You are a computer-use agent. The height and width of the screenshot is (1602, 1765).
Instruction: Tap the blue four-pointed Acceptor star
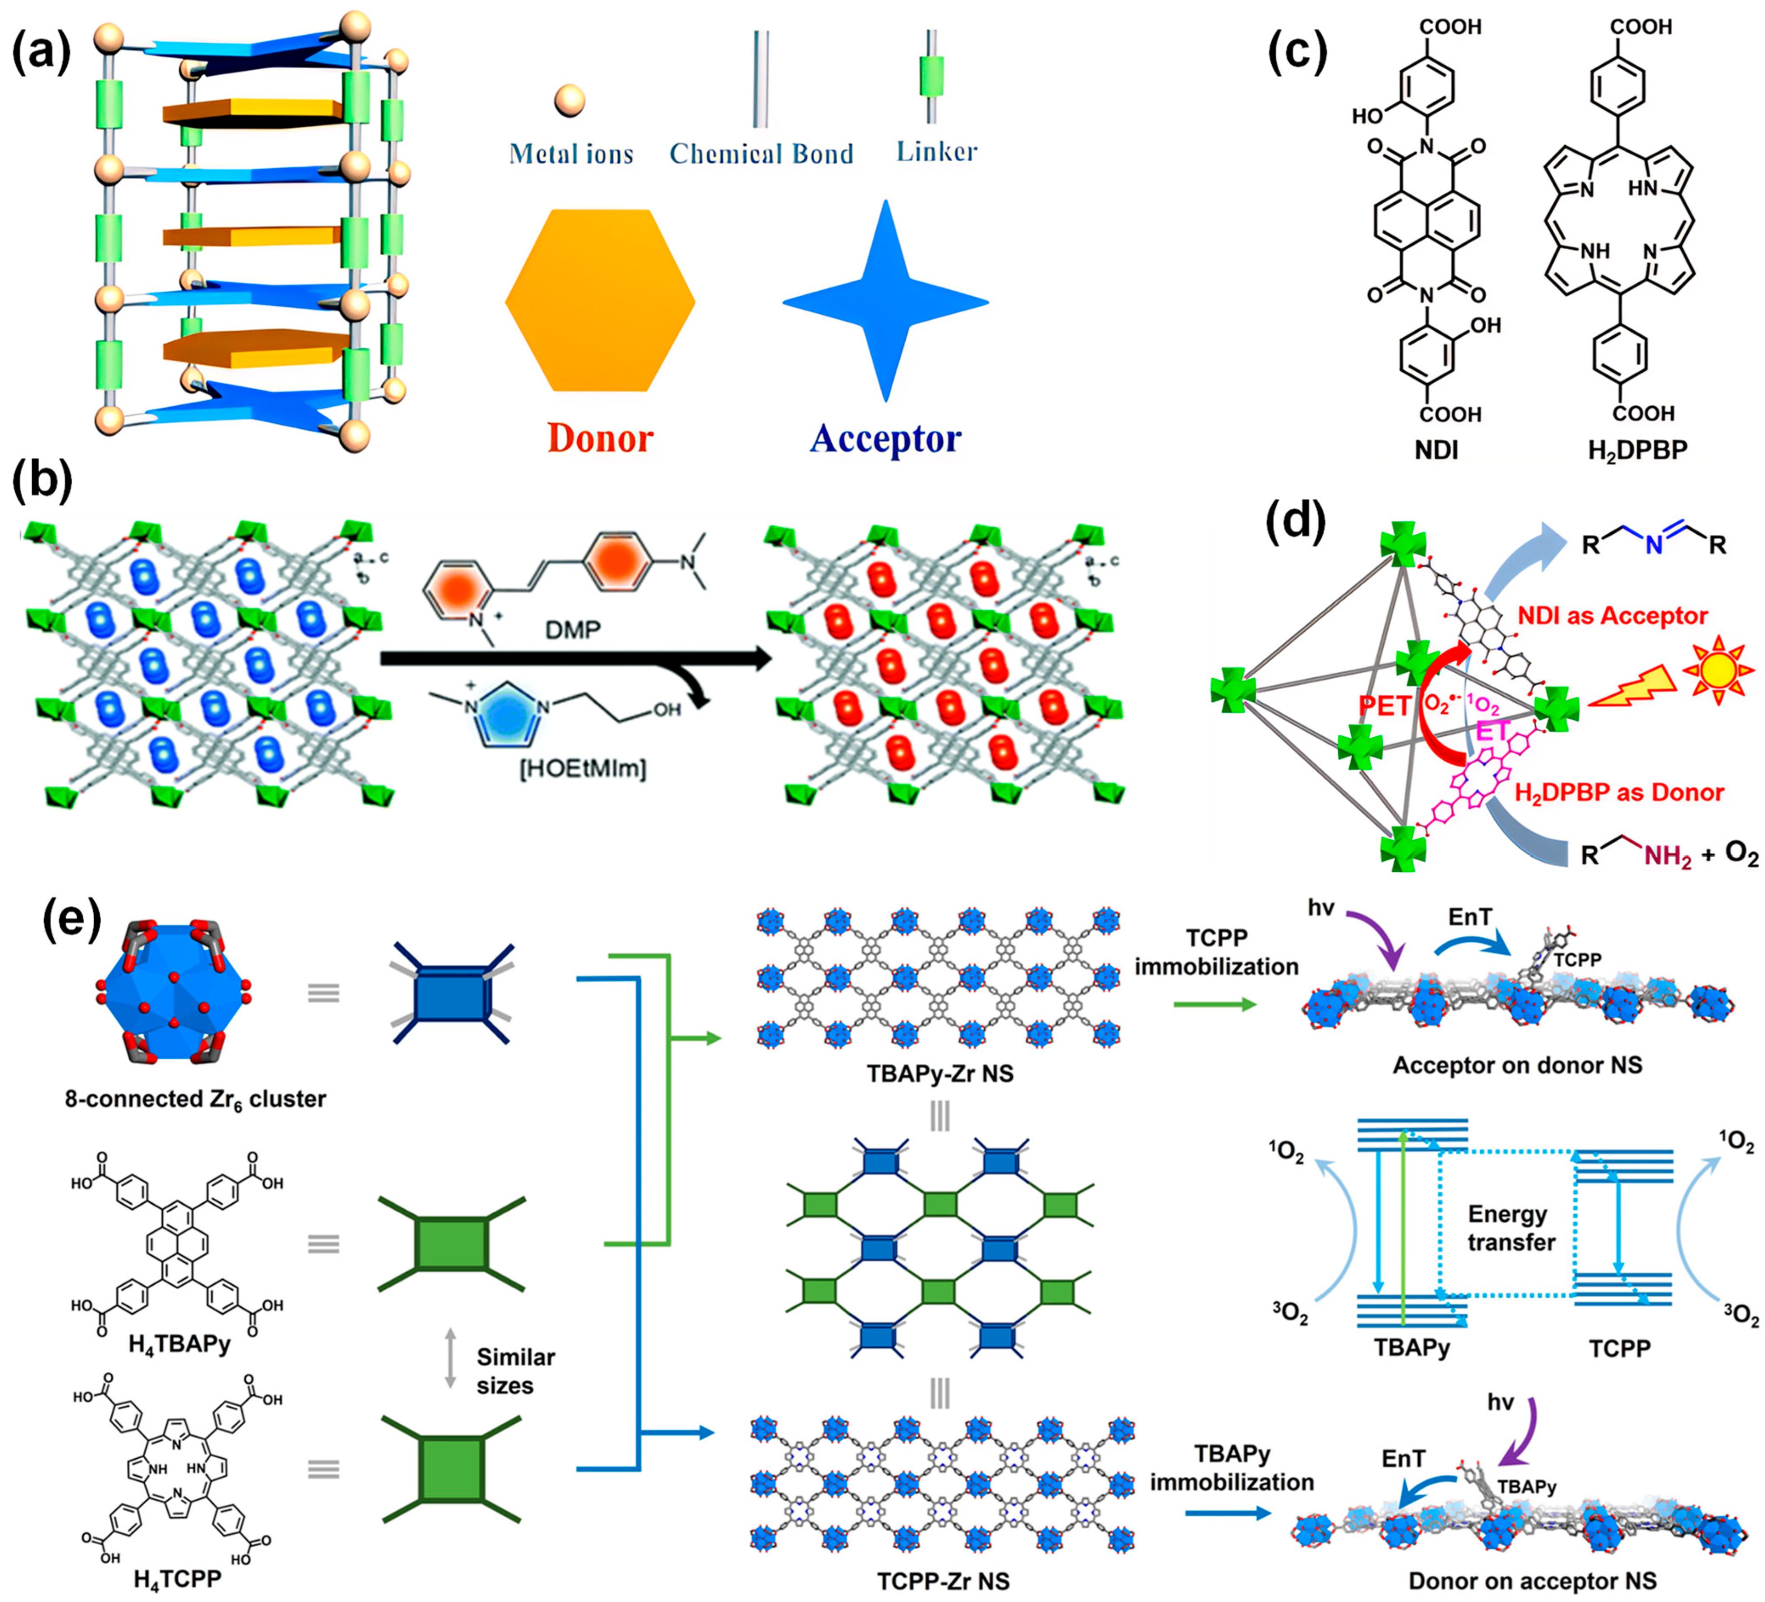(x=886, y=302)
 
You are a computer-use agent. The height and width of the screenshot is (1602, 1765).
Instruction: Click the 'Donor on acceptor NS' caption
(x=1532, y=1581)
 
